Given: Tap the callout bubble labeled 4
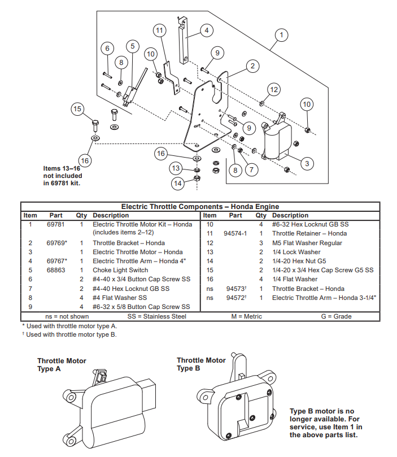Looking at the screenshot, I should [206, 30].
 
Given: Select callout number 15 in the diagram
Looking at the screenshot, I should [78, 109].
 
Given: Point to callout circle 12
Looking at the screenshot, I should [274, 89].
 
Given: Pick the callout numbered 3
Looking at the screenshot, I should [306, 164].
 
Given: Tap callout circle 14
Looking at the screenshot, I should [178, 183].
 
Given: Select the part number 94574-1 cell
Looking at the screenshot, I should [235, 233].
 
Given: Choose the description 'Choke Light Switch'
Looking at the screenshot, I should [120, 270].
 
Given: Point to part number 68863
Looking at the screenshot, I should [55, 270].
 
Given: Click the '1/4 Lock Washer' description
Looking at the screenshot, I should [296, 252].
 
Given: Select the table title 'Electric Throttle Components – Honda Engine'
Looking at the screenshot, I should [200, 207].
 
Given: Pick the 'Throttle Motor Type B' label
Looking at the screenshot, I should [201, 364].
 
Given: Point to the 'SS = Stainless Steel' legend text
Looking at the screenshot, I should [156, 316].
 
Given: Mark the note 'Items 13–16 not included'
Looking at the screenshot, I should [63, 176].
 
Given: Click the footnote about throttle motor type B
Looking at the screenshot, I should [71, 334].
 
